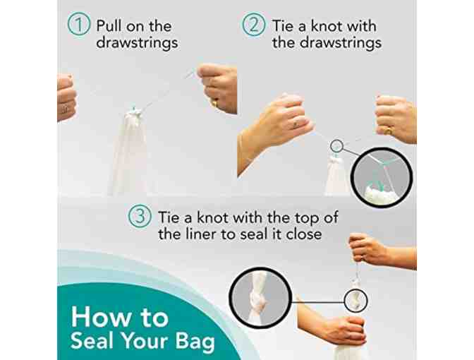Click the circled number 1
pyautogui.click(x=78, y=25)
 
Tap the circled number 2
pyautogui.click(x=253, y=25)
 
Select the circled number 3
pyautogui.click(x=140, y=216)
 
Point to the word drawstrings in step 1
pyautogui.click(x=137, y=42)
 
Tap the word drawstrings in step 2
pyautogui.click(x=341, y=42)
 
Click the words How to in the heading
pyautogui.click(x=120, y=317)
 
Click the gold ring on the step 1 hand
pyautogui.click(x=214, y=104)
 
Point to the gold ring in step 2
pyautogui.click(x=387, y=131)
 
